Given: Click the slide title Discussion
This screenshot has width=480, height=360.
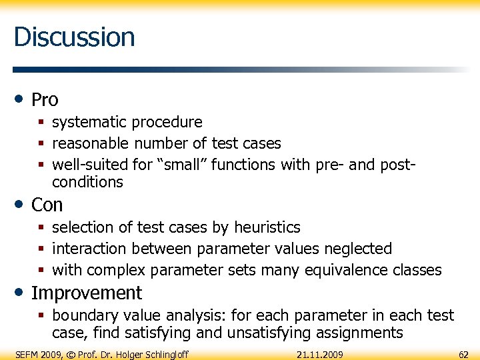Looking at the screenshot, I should pyautogui.click(x=74, y=37).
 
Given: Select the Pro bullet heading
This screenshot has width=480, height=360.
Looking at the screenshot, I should pyautogui.click(x=45, y=100).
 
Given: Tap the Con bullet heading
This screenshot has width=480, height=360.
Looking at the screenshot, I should pyautogui.click(x=47, y=205).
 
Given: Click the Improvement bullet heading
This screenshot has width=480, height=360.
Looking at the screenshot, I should pyautogui.click(x=87, y=293).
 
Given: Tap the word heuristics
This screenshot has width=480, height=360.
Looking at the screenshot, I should pyautogui.click(x=265, y=227).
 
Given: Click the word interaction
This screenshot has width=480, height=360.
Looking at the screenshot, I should pyautogui.click(x=89, y=249).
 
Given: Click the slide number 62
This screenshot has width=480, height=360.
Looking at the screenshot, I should pyautogui.click(x=463, y=354).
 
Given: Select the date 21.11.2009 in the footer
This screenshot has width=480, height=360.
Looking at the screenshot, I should pyautogui.click(x=320, y=354).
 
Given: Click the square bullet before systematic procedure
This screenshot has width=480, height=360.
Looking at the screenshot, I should pyautogui.click(x=41, y=123).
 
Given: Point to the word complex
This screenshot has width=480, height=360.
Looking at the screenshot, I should pyautogui.click(x=117, y=270).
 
